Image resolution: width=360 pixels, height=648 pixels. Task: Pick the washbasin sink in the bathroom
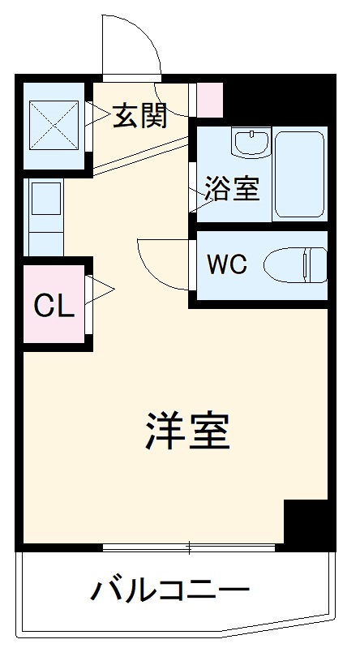pyautogui.click(x=251, y=144)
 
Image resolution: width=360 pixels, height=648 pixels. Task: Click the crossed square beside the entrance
pyautogui.click(x=54, y=125)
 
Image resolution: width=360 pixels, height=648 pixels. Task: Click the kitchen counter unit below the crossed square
pyautogui.click(x=44, y=217)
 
